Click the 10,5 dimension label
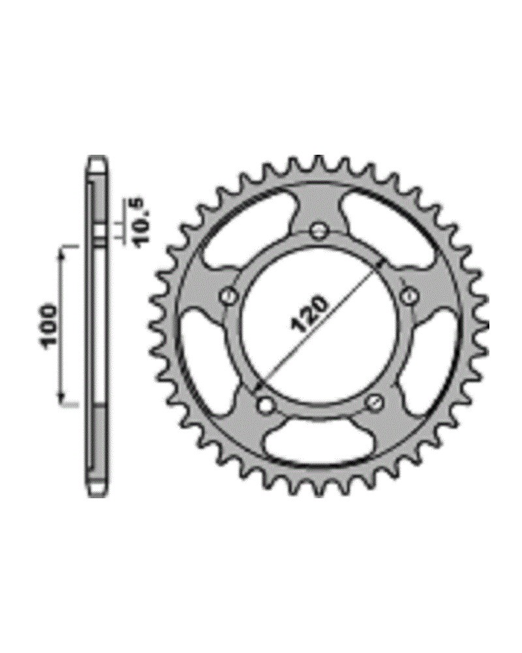click(x=140, y=223)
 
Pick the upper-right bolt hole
click(x=408, y=295)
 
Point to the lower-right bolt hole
click(x=374, y=402)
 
